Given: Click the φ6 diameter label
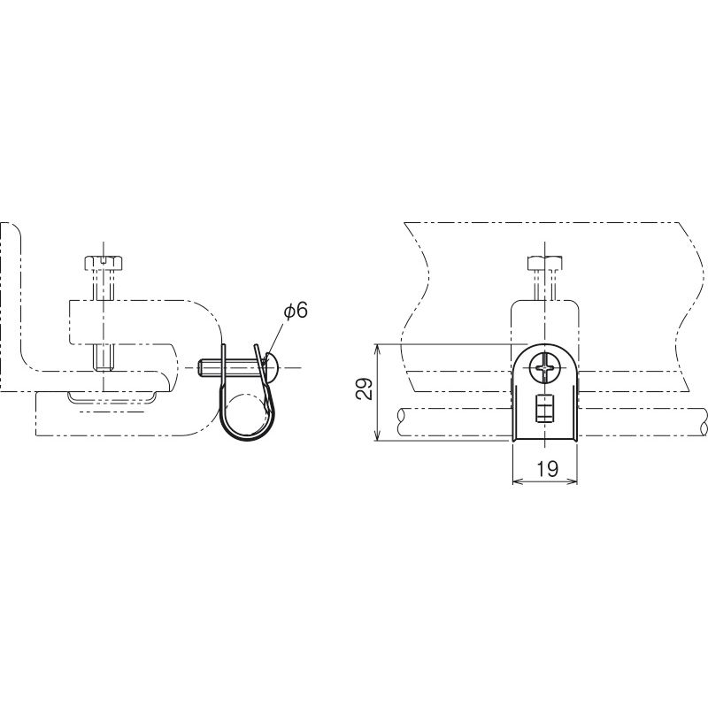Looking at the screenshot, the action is pyautogui.click(x=296, y=312).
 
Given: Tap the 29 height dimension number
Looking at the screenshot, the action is pyautogui.click(x=365, y=389).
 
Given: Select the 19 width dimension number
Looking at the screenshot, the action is pyautogui.click(x=547, y=469).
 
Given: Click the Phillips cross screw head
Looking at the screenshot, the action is pyautogui.click(x=545, y=368).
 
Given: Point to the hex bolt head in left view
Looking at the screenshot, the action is pyautogui.click(x=104, y=263).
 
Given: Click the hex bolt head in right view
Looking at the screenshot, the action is pyautogui.click(x=545, y=263).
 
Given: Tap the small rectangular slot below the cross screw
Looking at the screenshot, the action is pyautogui.click(x=544, y=409).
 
